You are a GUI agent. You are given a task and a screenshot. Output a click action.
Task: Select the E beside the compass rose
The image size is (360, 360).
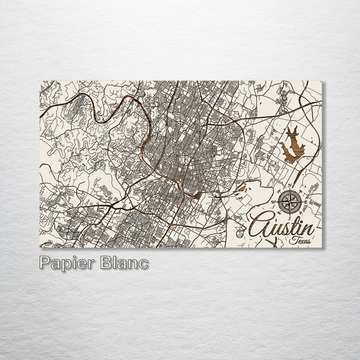click(306, 202)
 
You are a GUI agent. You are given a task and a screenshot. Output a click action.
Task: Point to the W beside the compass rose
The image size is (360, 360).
click(274, 202)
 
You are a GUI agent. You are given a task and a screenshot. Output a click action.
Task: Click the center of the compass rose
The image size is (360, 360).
click(290, 202)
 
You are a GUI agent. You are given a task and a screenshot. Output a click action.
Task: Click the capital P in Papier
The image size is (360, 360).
click(45, 262)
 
